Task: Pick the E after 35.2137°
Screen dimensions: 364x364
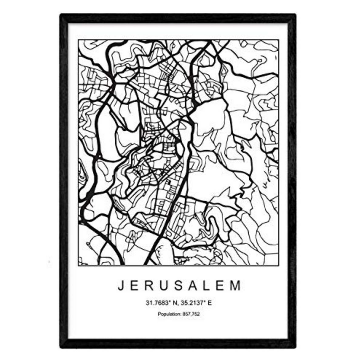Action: tap(210, 303)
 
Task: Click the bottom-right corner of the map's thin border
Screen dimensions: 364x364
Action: tap(279, 265)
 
